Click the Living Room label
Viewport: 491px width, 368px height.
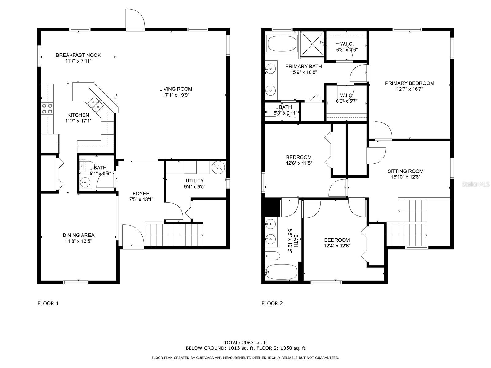(x=176, y=89)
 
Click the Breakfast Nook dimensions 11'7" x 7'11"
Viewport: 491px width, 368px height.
(x=78, y=61)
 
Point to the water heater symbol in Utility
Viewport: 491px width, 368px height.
(x=218, y=167)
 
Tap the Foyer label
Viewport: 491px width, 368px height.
(x=141, y=194)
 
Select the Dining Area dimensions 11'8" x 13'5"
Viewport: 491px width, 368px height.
(x=78, y=241)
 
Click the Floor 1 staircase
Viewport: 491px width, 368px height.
(x=174, y=235)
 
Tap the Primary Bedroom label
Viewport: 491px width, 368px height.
(x=409, y=83)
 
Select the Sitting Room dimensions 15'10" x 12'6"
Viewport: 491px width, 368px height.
(x=405, y=177)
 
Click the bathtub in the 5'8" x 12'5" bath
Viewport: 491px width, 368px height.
(x=281, y=272)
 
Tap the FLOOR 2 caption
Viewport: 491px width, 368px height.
(x=272, y=304)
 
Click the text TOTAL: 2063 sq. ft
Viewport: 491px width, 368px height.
(x=245, y=343)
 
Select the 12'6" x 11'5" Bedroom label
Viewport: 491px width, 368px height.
(x=299, y=157)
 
